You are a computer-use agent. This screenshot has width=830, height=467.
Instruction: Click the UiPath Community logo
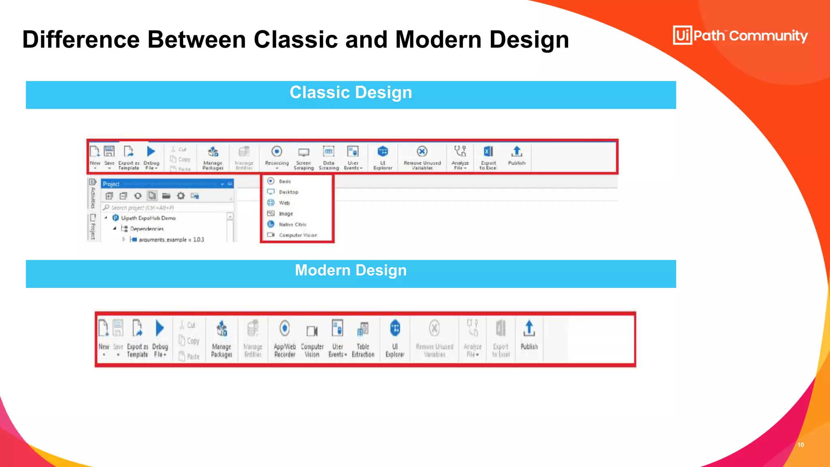pyautogui.click(x=740, y=36)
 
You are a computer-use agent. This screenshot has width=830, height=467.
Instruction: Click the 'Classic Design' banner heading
pyautogui.click(x=351, y=93)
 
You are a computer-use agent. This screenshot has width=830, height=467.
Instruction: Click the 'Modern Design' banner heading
pyautogui.click(x=351, y=270)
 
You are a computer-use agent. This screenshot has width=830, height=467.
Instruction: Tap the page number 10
pyautogui.click(x=800, y=445)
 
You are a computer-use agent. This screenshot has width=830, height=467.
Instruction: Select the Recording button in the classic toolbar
pyautogui.click(x=277, y=156)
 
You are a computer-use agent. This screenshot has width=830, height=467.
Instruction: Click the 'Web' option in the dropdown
pyautogui.click(x=284, y=203)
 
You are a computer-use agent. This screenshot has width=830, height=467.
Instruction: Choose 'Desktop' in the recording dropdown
pyautogui.click(x=289, y=192)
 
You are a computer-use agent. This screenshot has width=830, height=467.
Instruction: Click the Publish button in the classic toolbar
pyautogui.click(x=517, y=156)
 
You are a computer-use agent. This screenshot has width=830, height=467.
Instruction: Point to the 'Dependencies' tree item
pyautogui.click(x=147, y=229)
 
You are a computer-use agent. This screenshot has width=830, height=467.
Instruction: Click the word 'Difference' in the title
pyautogui.click(x=81, y=40)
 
